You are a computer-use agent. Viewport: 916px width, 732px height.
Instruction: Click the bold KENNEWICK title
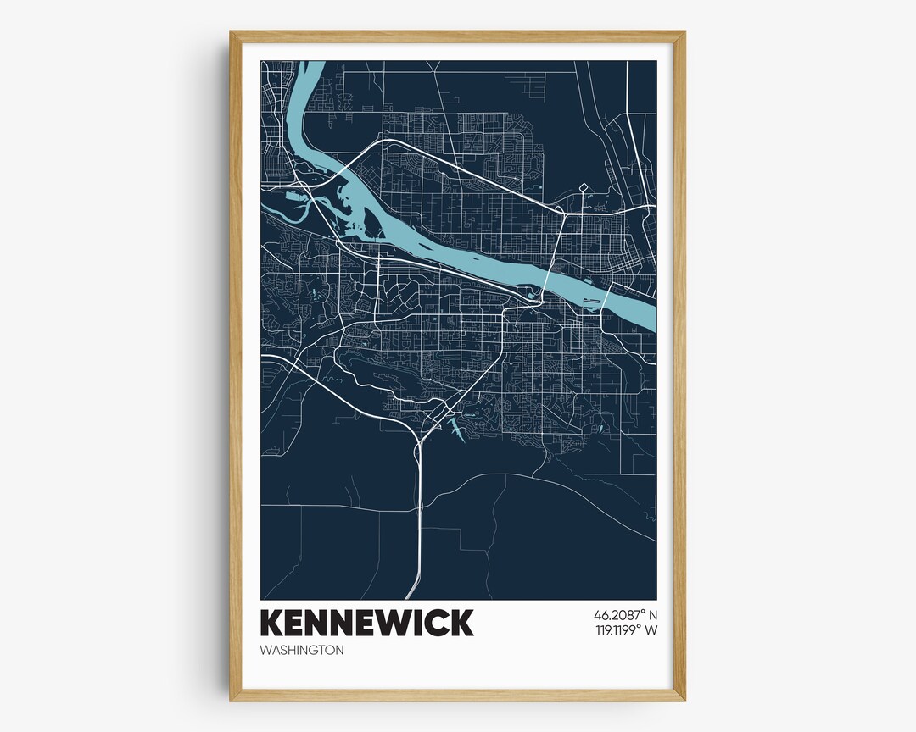[366, 623]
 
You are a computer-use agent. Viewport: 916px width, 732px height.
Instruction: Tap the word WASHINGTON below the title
[302, 651]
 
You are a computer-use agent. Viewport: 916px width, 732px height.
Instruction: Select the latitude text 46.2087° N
[626, 614]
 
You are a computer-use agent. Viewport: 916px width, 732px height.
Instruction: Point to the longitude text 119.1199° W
[625, 630]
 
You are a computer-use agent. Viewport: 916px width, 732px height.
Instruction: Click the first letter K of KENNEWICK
[272, 623]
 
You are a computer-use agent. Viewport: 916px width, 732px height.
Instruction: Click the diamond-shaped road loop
[583, 187]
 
